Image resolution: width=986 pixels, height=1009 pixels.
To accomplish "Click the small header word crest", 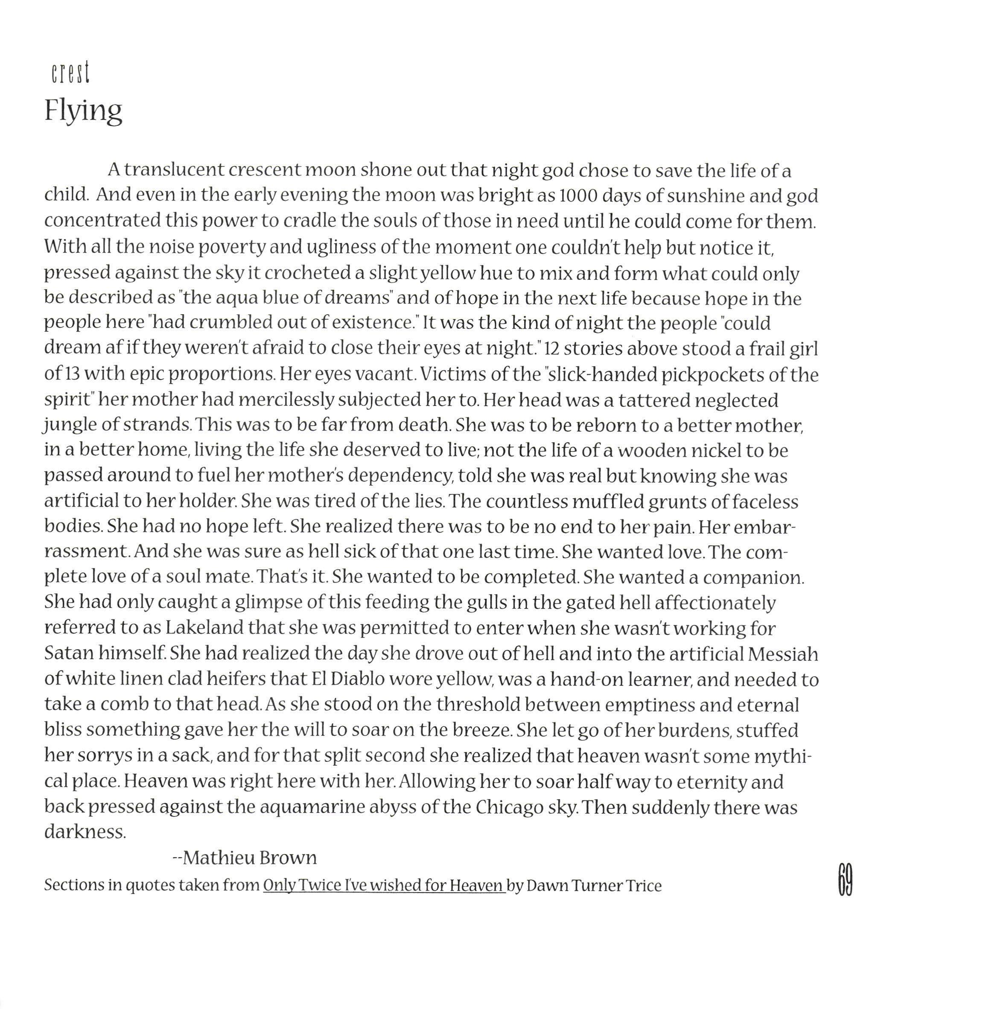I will pos(70,73).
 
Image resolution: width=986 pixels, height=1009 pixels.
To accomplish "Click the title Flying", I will pos(83,111).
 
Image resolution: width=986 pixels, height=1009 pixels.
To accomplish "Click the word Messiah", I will pos(782,653).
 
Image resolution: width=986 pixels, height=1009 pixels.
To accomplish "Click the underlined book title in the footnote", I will pos(384,885).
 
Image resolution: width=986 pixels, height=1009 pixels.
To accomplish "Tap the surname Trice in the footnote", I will pos(643,885).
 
